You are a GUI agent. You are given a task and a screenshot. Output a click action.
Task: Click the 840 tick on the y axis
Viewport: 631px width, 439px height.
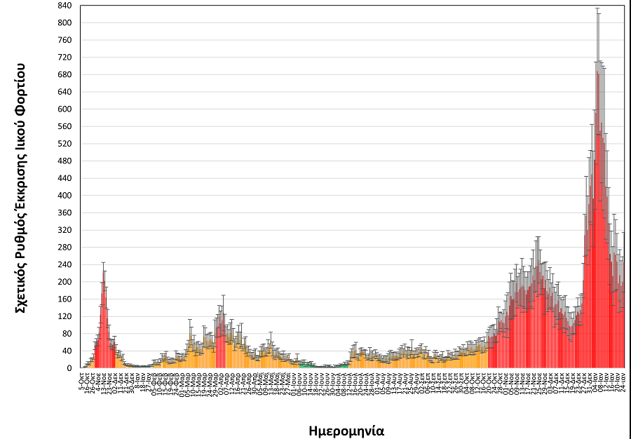pyautogui.click(x=65, y=6)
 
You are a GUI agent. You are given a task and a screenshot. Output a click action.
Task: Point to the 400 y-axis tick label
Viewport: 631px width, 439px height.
pyautogui.click(x=65, y=196)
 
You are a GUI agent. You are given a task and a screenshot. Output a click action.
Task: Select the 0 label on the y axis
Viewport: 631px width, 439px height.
pyautogui.click(x=69, y=368)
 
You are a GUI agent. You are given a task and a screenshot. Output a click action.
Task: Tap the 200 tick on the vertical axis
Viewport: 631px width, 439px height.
pyautogui.click(x=65, y=282)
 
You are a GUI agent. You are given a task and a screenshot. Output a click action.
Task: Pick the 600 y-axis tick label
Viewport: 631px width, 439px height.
pyautogui.click(x=65, y=109)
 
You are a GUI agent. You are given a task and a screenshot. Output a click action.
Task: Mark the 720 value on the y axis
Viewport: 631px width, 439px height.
pyautogui.click(x=65, y=58)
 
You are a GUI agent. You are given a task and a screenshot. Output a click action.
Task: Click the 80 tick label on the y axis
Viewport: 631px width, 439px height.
pyautogui.click(x=67, y=334)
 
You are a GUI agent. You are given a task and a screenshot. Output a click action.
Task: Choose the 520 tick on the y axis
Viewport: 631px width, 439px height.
pyautogui.click(x=65, y=144)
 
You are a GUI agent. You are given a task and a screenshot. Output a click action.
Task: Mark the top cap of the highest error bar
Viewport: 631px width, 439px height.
pyautogui.click(x=597, y=8)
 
